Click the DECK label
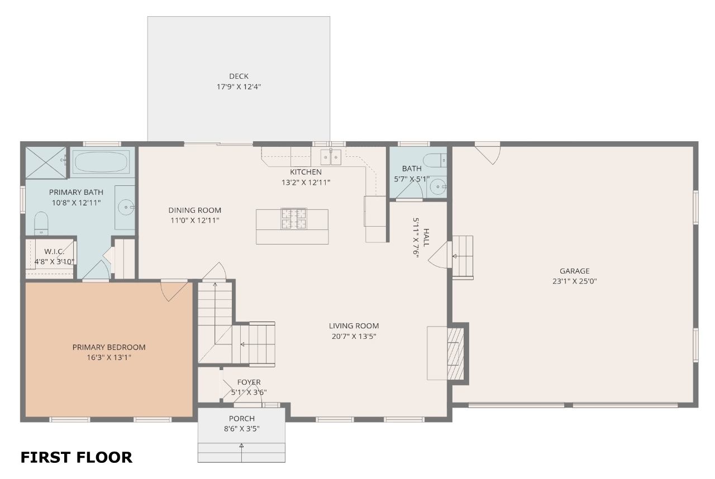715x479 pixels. pos(239,76)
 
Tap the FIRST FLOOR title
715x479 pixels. pos(77,457)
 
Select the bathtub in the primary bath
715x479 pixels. pos(101,162)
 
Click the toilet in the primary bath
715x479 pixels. pos(41,223)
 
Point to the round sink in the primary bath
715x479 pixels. pos(126,208)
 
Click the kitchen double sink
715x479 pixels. pos(331,156)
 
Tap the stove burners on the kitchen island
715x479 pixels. pos(294,218)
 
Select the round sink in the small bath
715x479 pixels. pos(437,187)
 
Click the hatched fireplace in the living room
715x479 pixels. pos(455,353)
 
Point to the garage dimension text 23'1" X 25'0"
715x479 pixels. pos(575,281)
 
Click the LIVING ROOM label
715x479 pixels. pos(354,326)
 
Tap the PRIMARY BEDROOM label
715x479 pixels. pos(109,347)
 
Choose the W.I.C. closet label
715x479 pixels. pos(54,252)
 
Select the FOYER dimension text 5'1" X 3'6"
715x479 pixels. pos(249,392)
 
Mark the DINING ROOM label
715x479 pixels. pos(195,210)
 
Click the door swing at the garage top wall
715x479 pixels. pos(488,155)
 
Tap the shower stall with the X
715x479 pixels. pos(46,162)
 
